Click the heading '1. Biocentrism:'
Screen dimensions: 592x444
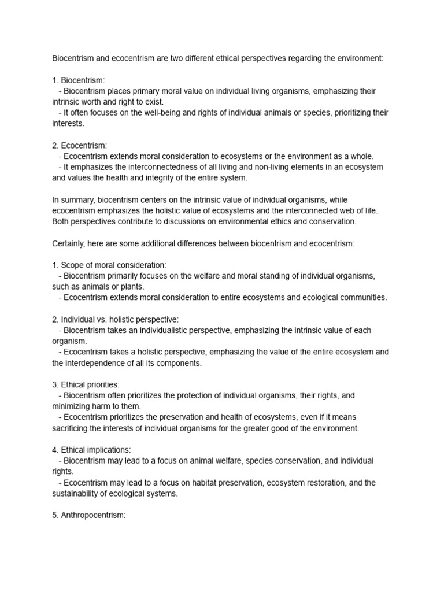(x=79, y=80)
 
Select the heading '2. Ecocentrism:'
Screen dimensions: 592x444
(x=80, y=145)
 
